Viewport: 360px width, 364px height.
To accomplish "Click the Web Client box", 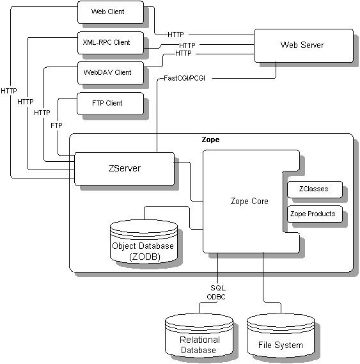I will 108,12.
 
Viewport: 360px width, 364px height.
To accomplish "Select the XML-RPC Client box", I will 108,42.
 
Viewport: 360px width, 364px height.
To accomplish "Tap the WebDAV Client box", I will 108,72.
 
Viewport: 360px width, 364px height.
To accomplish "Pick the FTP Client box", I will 108,103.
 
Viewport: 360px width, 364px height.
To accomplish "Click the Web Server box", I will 302,45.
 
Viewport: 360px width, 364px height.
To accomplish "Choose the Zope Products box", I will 313,214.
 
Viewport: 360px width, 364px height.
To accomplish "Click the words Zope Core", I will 249,201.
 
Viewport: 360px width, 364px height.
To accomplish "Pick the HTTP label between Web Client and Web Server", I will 176,33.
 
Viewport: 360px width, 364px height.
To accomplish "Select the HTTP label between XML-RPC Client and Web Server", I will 187,45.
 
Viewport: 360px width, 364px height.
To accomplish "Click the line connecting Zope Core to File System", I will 263,281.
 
